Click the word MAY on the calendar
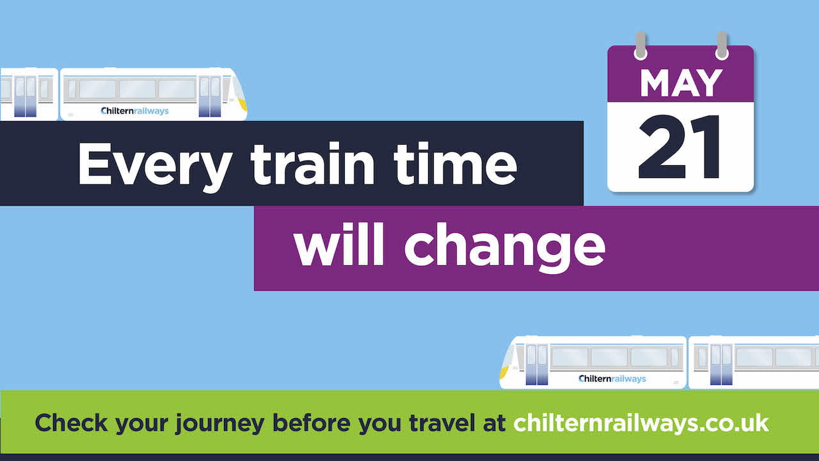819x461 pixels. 681,83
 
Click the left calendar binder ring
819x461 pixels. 640,45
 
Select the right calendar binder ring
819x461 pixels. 722,45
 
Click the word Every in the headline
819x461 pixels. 154,165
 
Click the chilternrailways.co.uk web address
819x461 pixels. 640,423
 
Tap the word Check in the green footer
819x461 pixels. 72,423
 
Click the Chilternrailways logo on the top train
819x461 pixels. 135,111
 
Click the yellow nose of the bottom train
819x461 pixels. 504,370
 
